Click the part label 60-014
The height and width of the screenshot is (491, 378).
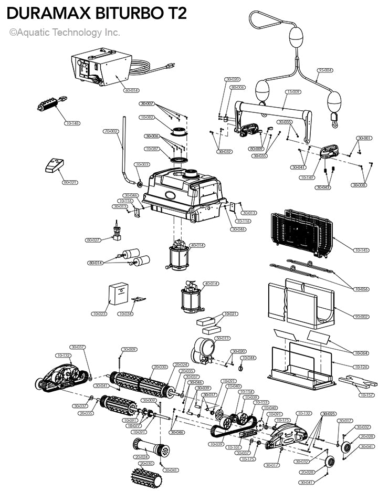(x=132, y=90)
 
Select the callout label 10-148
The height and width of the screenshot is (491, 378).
(x=72, y=123)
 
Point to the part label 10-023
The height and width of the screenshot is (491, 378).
(x=99, y=314)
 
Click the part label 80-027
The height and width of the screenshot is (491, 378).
(x=93, y=240)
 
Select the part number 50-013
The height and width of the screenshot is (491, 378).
(x=223, y=338)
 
